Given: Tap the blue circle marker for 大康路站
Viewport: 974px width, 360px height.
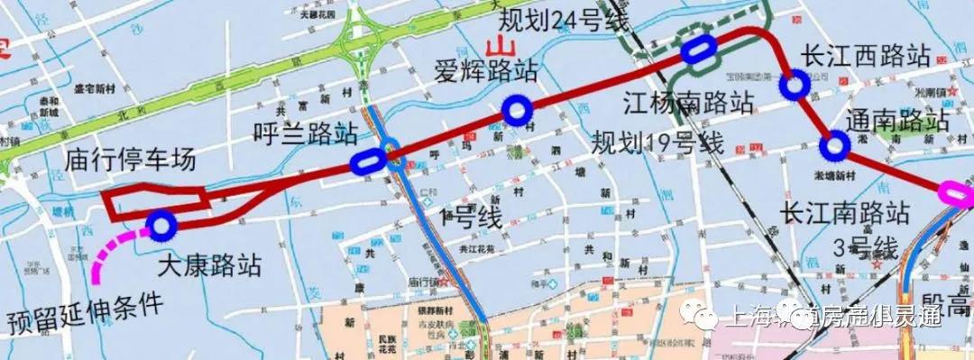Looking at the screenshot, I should click(161, 225).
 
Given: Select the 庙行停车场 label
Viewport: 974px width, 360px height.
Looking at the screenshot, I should click(130, 161).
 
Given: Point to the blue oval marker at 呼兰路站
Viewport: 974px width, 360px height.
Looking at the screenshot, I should click(367, 162).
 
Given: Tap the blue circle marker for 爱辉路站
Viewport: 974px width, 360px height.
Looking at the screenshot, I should click(516, 111).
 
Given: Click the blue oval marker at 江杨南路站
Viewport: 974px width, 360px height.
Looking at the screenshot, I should click(699, 51).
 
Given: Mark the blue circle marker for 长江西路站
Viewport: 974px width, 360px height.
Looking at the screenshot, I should click(795, 86).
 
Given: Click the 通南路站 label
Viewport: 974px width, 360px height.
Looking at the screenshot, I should click(898, 120).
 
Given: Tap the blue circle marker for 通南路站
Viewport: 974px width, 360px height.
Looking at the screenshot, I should click(835, 144).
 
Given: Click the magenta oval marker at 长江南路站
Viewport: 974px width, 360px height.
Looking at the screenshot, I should click(958, 192).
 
